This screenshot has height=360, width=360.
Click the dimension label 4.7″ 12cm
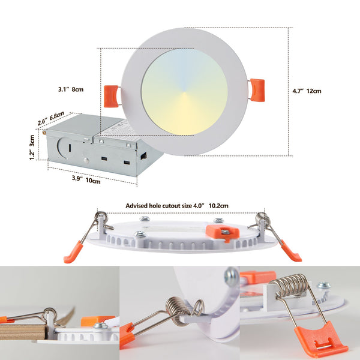tap(307, 91)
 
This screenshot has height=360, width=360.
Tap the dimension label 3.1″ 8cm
tap(71, 89)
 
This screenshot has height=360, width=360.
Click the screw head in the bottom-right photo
tap(323, 286)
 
